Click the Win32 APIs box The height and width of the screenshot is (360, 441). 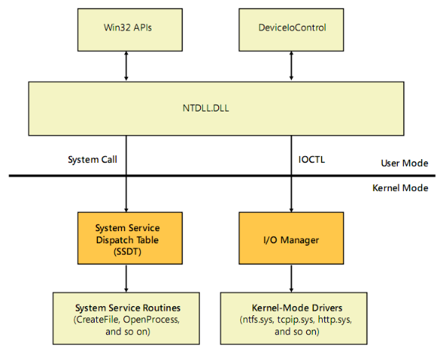(130, 30)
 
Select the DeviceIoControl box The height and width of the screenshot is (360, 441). (291, 30)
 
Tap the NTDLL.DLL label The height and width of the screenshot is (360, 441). (205, 108)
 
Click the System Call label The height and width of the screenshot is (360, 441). (92, 160)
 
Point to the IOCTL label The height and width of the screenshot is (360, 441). (311, 160)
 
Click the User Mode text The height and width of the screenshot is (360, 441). (405, 163)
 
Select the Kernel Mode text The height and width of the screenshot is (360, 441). (400, 188)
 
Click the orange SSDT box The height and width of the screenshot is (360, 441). (130, 238)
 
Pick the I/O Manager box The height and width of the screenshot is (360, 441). (291, 238)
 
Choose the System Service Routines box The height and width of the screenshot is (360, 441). (127, 318)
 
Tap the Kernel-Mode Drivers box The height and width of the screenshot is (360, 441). (294, 318)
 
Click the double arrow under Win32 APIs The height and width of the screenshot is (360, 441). (127, 66)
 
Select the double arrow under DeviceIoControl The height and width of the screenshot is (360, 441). (292, 66)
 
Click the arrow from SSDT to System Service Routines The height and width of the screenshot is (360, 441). (127, 278)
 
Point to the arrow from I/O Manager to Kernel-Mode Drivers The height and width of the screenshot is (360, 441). (292, 278)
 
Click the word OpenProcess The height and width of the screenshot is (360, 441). (152, 320)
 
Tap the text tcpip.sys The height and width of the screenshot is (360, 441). (296, 320)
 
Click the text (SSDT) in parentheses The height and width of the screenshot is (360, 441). (127, 252)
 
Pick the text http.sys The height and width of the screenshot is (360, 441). (335, 320)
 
